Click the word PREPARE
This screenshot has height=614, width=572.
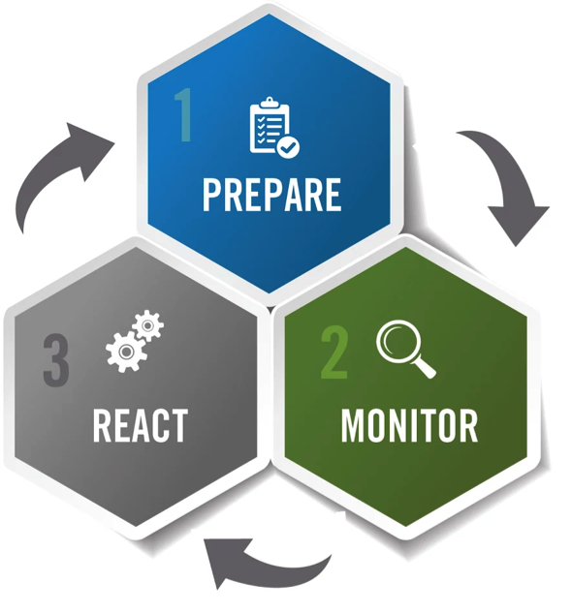271,195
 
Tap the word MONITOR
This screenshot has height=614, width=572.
409,426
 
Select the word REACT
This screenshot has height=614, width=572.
141,426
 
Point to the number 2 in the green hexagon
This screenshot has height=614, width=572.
334,353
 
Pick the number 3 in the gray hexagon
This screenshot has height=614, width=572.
56,360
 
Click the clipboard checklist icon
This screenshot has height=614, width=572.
274,127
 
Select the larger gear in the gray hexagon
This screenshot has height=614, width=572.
126,352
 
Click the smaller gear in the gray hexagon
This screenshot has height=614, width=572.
147,325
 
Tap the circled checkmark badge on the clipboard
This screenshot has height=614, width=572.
288,147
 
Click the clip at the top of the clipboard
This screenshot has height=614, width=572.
270,103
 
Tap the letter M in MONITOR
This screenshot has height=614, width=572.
354,426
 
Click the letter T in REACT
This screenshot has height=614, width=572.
179,426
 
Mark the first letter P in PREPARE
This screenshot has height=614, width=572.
211,195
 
